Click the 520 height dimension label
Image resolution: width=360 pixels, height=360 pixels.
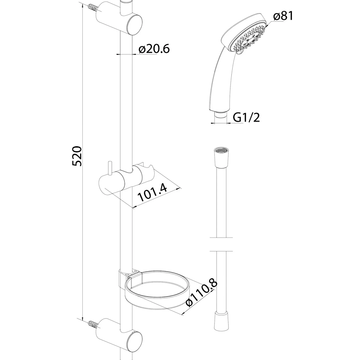76,156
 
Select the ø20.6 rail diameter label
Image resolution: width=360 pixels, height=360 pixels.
154,49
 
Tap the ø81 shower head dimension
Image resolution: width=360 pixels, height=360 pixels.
283,16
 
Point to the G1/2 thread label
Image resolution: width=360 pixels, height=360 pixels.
246,117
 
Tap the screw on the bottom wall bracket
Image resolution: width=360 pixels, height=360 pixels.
93,324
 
